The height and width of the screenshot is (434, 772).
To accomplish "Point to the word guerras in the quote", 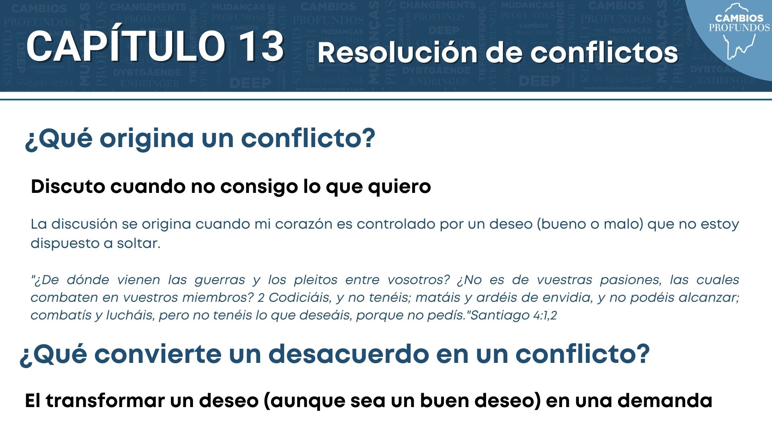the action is [x=220, y=280].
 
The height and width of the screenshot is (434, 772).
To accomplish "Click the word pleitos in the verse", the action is [x=316, y=280].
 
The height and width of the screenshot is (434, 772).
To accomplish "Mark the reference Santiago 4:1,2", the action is [x=514, y=315].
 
